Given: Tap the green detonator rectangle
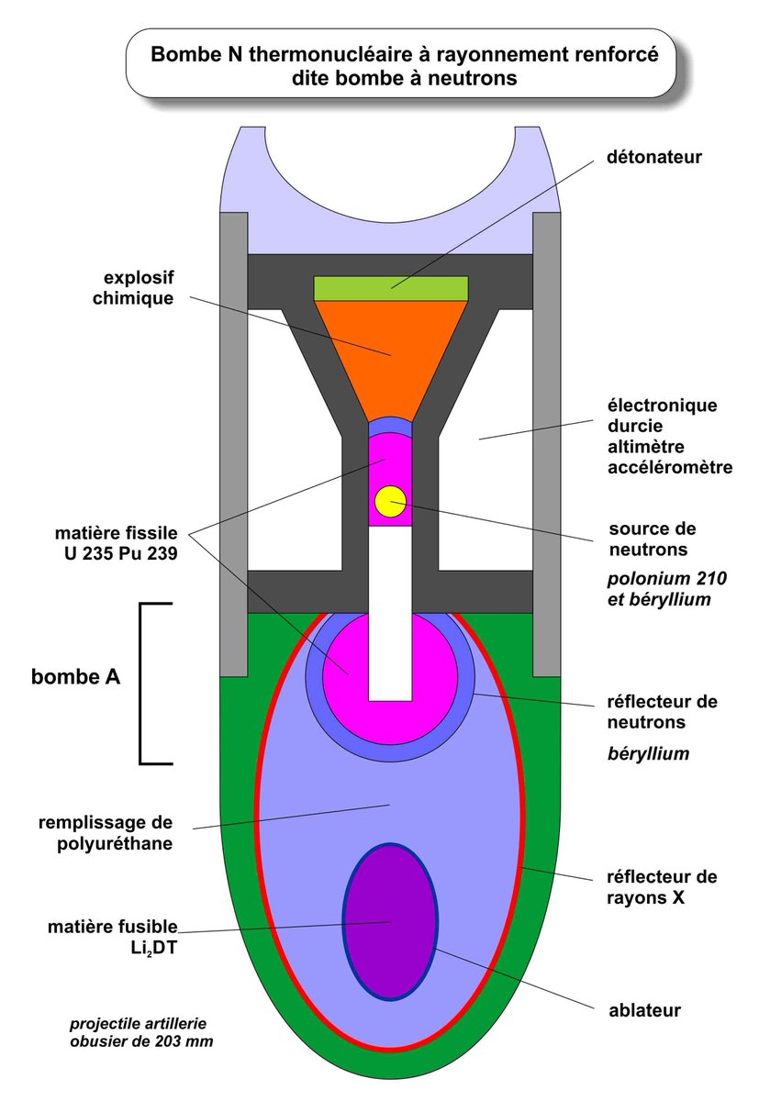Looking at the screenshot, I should point(391,287).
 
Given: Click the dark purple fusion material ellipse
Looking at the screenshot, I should point(390,922).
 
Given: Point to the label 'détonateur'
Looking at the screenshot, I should point(654,157).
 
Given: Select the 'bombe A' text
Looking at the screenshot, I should point(76,678).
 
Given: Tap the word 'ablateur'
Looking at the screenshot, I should point(644,1011).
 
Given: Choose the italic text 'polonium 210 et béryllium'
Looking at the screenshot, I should point(659,589).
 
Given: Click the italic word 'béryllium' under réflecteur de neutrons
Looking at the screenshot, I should point(648,754).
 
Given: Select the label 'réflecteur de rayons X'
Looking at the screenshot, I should point(662,887).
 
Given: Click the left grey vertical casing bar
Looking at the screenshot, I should point(233,440).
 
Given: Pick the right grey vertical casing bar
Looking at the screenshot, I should point(547,440).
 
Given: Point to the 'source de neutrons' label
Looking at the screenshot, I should point(652,539).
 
